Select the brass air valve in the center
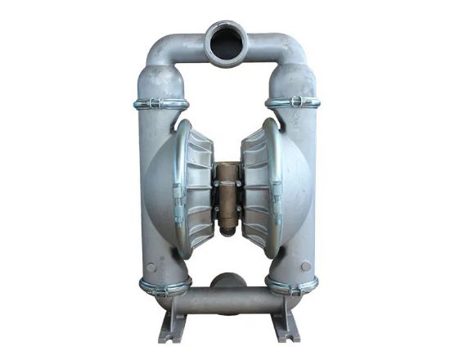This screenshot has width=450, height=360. coord(226,196)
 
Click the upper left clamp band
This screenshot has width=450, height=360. coord(160,103)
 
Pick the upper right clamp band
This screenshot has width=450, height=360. coord(292,101)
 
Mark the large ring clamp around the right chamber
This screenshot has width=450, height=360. coord(275,188)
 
